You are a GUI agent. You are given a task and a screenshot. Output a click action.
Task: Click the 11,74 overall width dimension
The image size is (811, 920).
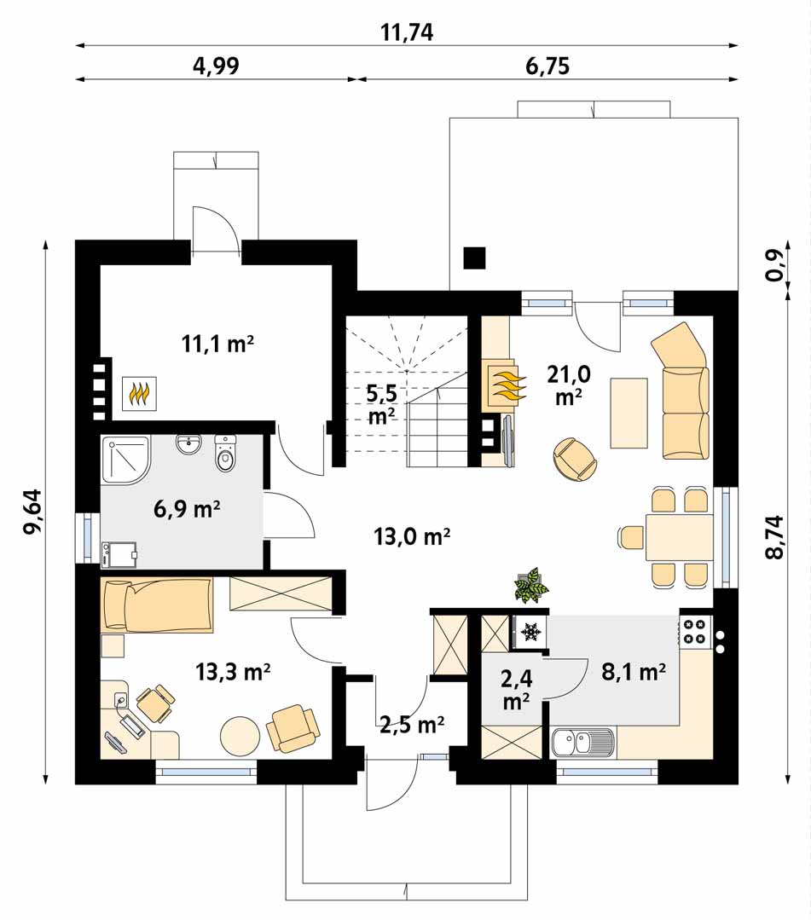[x=407, y=32]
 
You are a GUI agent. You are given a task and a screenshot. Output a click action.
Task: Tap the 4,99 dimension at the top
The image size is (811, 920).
[x=216, y=66]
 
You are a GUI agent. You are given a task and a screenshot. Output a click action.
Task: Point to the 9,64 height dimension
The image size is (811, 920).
[x=33, y=511]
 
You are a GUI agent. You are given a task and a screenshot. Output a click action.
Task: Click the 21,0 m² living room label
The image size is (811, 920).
[x=569, y=385]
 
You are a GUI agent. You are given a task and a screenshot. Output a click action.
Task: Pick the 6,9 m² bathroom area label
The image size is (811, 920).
[x=187, y=508]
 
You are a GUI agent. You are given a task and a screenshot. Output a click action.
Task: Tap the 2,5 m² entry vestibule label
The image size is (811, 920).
[x=411, y=726]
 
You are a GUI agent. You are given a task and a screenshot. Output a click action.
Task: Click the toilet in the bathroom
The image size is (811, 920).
[x=225, y=453]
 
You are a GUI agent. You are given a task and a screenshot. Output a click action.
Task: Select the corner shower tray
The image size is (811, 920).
[x=125, y=460]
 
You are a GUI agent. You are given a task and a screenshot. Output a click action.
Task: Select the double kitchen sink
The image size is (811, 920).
[x=583, y=742]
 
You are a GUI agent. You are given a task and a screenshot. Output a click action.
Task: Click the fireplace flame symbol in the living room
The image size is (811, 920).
[x=505, y=385]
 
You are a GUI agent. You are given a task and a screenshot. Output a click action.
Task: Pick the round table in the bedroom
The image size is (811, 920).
[x=240, y=736]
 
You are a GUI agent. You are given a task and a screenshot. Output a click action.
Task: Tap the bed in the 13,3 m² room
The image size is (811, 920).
[x=157, y=605]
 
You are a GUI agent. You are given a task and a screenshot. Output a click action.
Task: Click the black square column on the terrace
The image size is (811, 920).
[x=474, y=257]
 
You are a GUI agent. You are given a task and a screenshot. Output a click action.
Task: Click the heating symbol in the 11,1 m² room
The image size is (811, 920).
[x=139, y=393]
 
